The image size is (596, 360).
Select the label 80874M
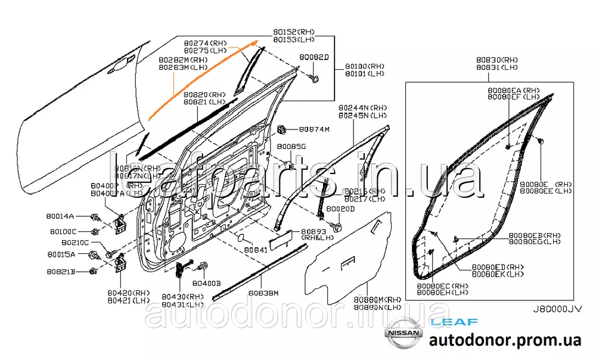[x=314, y=129]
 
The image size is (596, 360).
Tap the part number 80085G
[x=291, y=147]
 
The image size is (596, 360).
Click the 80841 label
[x=257, y=250]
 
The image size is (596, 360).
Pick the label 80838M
[x=263, y=293]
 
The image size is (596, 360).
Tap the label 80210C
[x=74, y=243]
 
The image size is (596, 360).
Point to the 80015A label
[x=62, y=255]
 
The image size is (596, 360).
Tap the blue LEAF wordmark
[x=454, y=322]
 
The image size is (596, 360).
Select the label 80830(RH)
[x=497, y=60]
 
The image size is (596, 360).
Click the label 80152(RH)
[x=294, y=32]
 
